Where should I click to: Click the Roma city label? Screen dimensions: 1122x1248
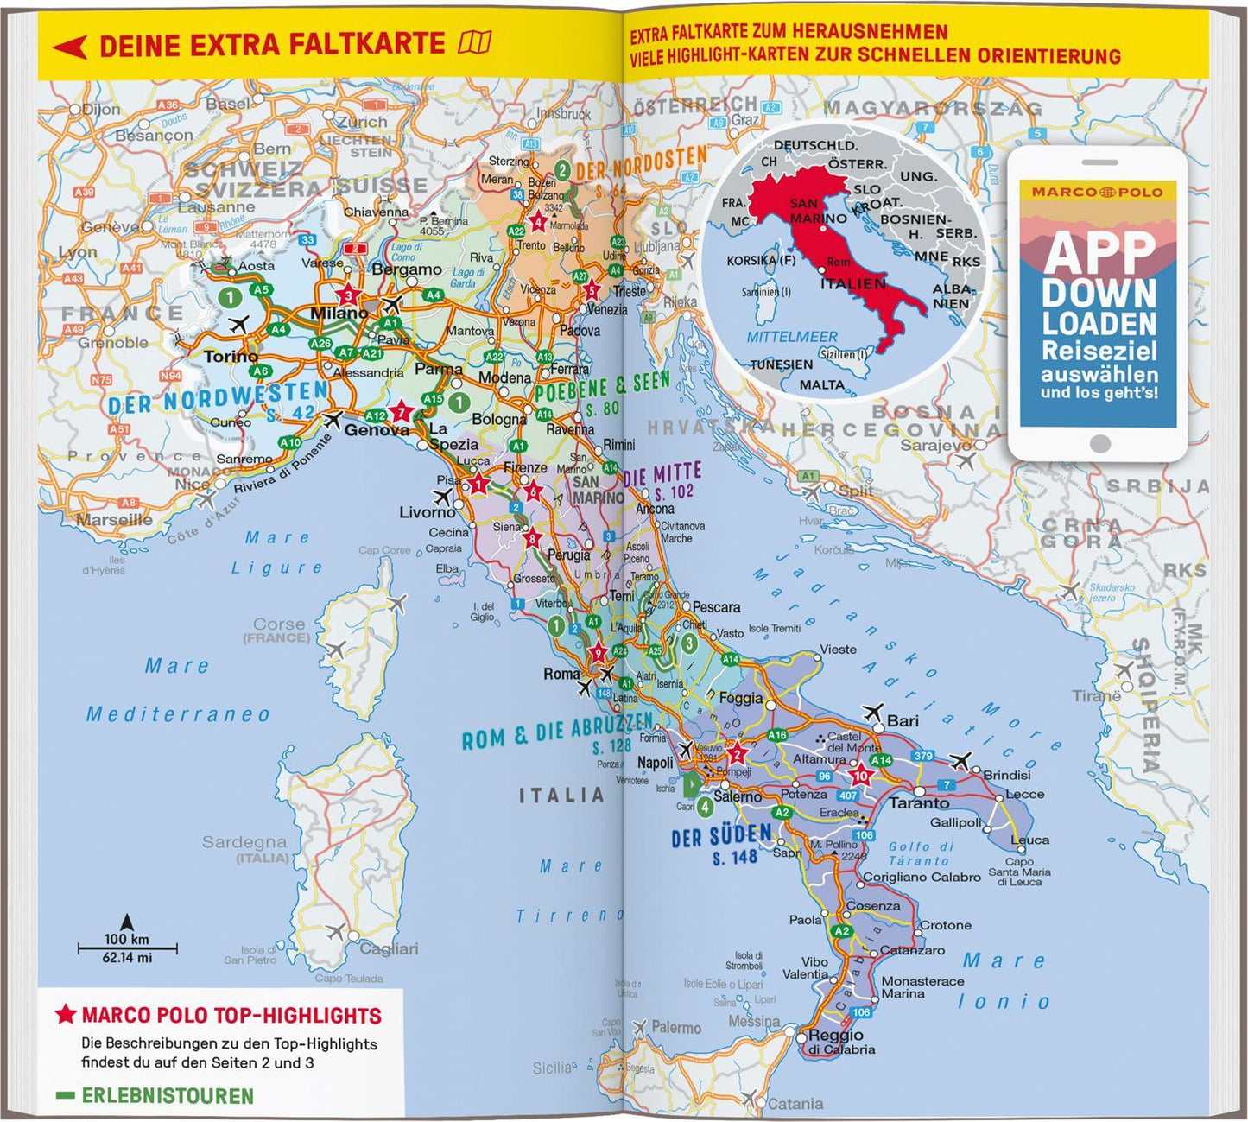[x=561, y=674]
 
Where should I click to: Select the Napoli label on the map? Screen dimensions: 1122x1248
[x=655, y=763]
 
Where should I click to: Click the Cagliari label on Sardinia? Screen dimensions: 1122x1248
[x=389, y=949]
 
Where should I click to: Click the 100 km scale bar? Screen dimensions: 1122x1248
[x=127, y=948]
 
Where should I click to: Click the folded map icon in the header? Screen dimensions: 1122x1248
[x=475, y=42]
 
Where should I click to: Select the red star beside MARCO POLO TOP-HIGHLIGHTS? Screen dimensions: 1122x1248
[x=66, y=1015]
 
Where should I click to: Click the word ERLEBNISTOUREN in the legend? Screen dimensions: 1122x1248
[x=168, y=1096]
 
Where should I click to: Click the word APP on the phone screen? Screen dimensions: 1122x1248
[x=1099, y=253]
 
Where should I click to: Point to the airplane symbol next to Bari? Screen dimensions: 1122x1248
[x=872, y=713]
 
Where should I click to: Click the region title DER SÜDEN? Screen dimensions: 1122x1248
[x=721, y=836]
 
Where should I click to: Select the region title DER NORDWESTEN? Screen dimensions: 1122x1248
[x=218, y=396]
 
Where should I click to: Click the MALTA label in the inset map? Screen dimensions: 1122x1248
[x=821, y=385]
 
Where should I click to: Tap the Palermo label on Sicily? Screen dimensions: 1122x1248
[x=675, y=1028]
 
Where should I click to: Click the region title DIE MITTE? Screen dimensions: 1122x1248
[x=662, y=475]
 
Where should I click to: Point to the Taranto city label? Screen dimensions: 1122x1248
[x=919, y=803]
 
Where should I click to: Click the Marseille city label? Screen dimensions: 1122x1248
[x=114, y=520]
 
